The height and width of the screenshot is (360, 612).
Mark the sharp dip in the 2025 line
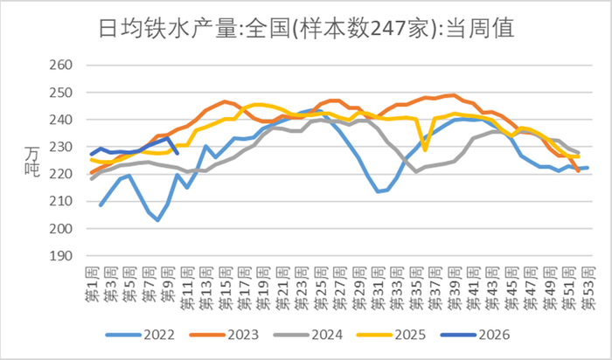(x=425, y=150)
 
